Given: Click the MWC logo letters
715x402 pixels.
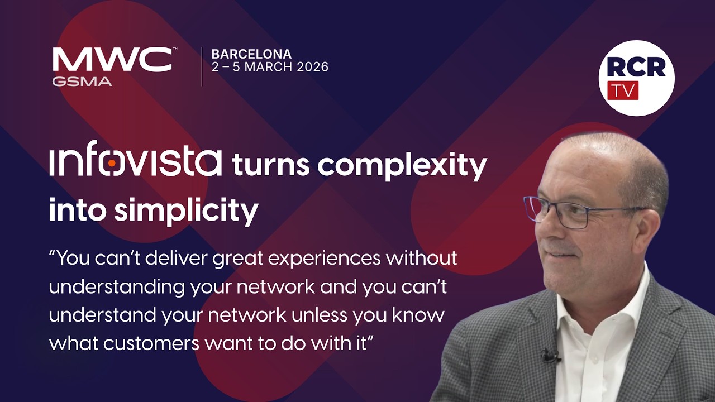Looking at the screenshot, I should coord(112,60).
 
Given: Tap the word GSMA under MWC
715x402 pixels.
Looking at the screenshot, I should coord(82,82).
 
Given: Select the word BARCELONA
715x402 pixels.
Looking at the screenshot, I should coord(251,54).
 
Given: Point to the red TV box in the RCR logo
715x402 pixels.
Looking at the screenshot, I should coord(623,90).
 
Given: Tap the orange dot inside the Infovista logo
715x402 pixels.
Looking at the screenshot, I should coord(112,163).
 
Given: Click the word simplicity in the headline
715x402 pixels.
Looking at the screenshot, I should coord(187,210).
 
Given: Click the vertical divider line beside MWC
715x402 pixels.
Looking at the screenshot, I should coord(202,66).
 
